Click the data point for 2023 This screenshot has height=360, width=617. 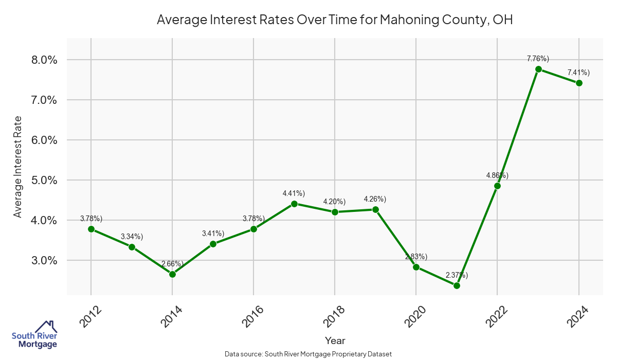point(538,69)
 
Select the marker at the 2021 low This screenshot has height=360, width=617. point(457,285)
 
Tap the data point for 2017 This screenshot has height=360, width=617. point(294,204)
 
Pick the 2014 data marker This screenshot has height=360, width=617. point(172,274)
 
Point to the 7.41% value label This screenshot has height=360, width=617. point(578,73)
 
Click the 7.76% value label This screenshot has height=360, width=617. point(538,59)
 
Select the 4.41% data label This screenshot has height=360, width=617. point(294,193)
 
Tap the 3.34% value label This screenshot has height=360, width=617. point(132,237)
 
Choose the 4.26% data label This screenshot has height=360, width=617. point(375,199)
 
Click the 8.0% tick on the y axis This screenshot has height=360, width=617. point(42,60)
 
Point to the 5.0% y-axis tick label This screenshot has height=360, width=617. point(42,181)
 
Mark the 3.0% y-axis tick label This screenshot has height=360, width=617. point(42,261)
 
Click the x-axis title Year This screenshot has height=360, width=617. point(335,340)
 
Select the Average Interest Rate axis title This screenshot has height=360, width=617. point(18,167)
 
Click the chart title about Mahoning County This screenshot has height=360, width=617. point(335,20)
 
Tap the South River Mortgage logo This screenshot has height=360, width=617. point(34,335)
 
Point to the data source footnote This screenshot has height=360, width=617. point(308,354)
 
